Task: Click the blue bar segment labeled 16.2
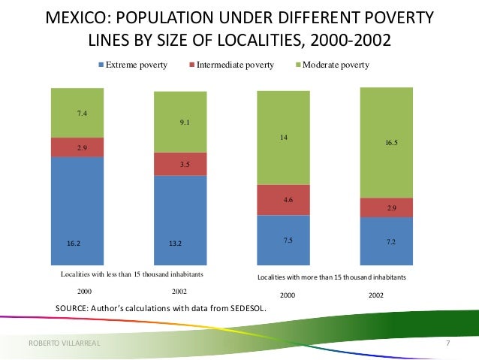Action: click(77, 211)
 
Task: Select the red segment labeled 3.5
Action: click(180, 164)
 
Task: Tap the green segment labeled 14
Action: click(284, 138)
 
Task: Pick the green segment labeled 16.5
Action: click(387, 143)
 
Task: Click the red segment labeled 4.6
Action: click(284, 200)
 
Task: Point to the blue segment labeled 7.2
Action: click(387, 241)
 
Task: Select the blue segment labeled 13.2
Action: click(180, 220)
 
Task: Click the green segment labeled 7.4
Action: click(77, 113)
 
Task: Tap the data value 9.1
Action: click(185, 123)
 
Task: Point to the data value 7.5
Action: click(288, 240)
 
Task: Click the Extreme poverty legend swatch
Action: click(101, 65)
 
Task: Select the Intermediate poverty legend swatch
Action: click(192, 65)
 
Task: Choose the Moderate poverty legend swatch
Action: click(298, 65)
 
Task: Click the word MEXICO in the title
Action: click(79, 17)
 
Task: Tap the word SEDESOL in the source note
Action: click(248, 308)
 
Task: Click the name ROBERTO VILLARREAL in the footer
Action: click(64, 343)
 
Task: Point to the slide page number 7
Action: click(447, 343)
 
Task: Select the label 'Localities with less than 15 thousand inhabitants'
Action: click(132, 274)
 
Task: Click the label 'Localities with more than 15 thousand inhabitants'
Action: click(332, 277)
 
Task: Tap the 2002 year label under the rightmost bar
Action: click(376, 295)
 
